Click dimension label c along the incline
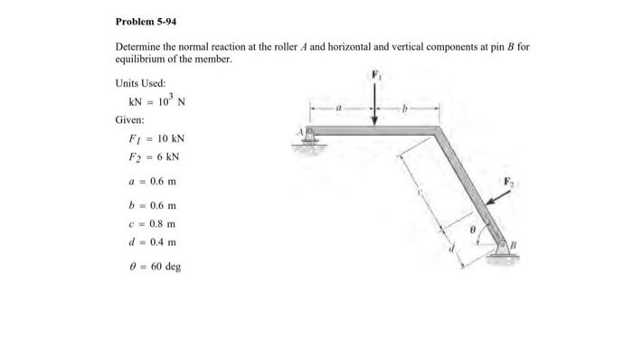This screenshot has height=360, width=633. pos(419,193)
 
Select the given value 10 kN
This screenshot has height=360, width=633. pos(172,138)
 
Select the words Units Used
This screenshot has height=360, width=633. pos(140,82)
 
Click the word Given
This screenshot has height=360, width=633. pos(129,119)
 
